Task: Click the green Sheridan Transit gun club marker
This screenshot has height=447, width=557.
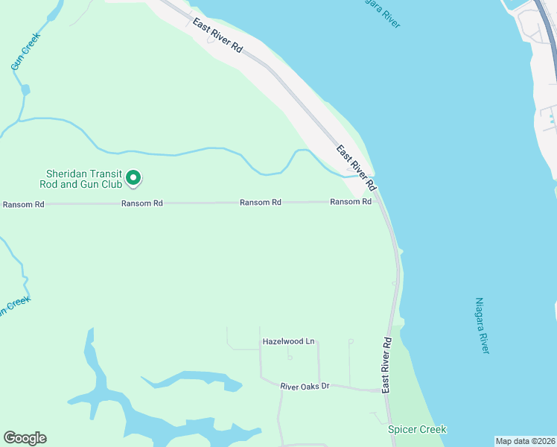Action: click(133, 177)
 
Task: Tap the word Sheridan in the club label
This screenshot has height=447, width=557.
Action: click(64, 173)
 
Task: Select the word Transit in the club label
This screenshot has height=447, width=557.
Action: click(106, 173)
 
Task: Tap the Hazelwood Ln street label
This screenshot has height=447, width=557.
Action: click(289, 341)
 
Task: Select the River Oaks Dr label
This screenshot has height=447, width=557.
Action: click(305, 386)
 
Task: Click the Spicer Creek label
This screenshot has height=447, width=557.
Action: click(417, 429)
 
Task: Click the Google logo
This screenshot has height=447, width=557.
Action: click(25, 438)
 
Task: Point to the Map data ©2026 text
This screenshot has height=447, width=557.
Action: click(525, 440)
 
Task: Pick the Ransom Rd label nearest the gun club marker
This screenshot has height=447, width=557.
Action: click(142, 203)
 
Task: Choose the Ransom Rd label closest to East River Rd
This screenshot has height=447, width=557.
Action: click(351, 202)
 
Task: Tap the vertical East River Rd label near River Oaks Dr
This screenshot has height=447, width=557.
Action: click(386, 365)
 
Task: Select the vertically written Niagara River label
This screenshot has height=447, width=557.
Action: click(482, 326)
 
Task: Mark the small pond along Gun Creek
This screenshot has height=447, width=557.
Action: click(26, 90)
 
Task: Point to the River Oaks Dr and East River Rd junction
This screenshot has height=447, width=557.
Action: click(384, 390)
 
